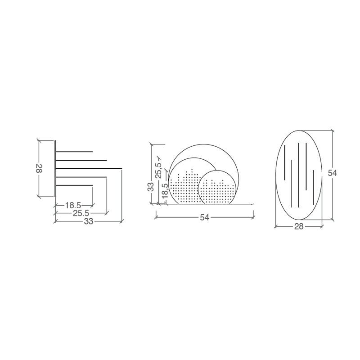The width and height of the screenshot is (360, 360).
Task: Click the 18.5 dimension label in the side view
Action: point(73,205)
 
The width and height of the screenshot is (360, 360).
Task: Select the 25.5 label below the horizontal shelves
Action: point(81,213)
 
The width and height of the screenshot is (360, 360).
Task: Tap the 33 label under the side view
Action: point(88,221)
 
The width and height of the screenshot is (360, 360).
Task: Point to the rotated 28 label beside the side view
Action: point(39,168)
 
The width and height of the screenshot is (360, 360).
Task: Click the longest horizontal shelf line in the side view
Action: point(89,169)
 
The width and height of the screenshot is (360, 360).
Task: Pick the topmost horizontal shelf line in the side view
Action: point(74,152)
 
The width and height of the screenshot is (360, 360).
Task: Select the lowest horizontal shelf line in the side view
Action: point(74,185)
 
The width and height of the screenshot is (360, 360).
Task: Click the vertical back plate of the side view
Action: point(55,169)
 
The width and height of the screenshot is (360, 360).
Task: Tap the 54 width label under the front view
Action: point(204,217)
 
